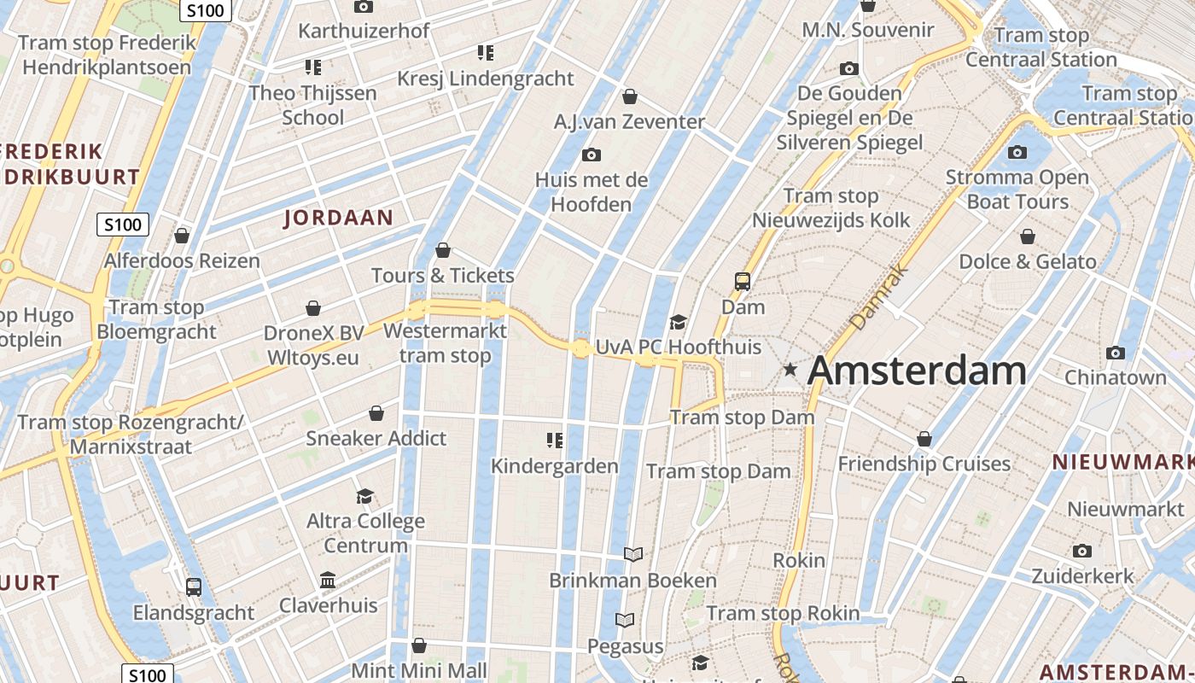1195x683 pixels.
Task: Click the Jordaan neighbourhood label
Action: pos(338,218)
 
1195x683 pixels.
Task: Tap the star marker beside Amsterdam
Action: pos(790,370)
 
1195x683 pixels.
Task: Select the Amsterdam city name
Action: pos(917,371)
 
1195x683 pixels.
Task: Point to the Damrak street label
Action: pos(879,297)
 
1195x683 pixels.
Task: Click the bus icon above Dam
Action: pos(743,281)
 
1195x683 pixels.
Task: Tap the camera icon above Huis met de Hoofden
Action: pos(591,155)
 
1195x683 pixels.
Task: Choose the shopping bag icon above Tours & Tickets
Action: pos(443,250)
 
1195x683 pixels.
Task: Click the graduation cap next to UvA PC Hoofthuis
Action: pos(679,322)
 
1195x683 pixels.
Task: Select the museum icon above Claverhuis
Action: pos(328,581)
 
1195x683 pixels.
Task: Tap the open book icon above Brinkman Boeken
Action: pos(632,555)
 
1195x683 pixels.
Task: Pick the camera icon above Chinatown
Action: pos(1115,353)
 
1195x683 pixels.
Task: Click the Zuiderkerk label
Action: pos(1082,575)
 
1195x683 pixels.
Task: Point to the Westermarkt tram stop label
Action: pos(446,343)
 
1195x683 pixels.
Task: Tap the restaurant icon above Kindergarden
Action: pos(555,441)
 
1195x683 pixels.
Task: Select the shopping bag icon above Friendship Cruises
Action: pos(924,439)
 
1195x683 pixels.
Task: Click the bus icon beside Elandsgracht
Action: pos(194,587)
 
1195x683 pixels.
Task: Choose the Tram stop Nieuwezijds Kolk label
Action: pos(831,208)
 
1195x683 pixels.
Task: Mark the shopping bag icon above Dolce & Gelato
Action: pos(1028,236)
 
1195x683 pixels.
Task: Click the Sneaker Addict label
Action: pos(376,438)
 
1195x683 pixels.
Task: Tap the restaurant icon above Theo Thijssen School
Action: pos(312,67)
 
